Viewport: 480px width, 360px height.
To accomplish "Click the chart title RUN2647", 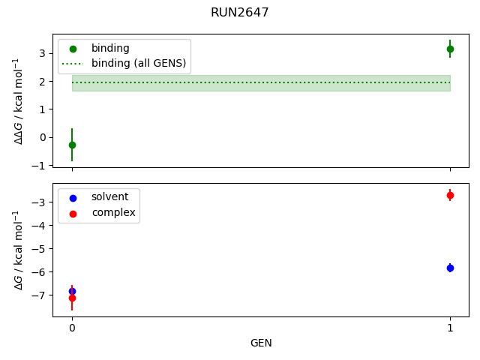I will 240,12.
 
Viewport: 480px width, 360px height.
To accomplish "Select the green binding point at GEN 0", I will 72,145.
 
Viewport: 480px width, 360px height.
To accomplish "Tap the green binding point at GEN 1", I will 450,49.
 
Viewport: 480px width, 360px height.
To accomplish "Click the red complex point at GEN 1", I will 450,195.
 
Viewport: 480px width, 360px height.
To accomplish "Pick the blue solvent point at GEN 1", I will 450,268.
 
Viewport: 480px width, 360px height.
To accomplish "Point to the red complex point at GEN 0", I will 72,298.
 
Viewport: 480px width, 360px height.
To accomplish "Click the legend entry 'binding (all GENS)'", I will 138,63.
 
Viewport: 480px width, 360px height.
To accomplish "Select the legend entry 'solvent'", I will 109,197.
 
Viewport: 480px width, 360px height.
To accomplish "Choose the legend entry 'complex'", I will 113,213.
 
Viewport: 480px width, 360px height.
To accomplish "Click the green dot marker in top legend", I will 73,49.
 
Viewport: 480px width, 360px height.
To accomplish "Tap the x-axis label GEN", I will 261,343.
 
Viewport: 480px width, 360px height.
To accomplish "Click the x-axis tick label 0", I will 72,328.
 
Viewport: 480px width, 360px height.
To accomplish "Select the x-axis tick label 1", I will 450,328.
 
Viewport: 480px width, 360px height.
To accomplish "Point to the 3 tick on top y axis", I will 44,53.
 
